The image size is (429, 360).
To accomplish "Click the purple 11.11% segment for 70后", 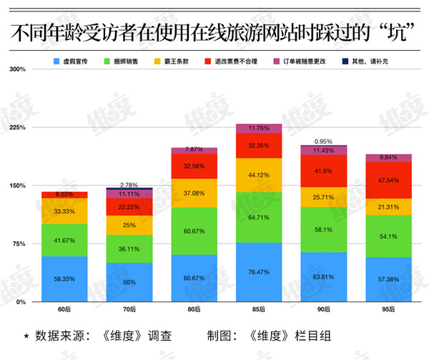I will click(x=129, y=194).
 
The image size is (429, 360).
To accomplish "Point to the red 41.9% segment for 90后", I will click(x=323, y=171).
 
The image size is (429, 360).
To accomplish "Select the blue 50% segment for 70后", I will click(x=129, y=282).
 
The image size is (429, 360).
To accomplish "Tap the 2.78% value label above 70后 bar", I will click(x=129, y=185).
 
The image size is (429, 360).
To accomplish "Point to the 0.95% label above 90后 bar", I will click(x=323, y=141).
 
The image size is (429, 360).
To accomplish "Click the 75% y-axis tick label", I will click(x=19, y=244).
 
